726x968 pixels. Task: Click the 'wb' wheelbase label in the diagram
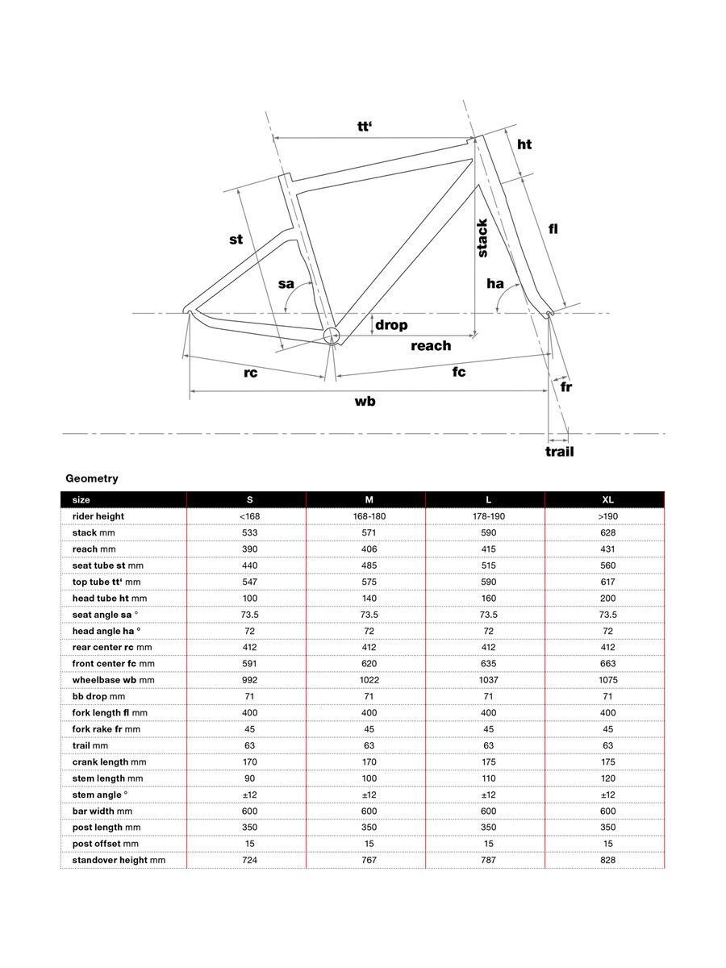point(365,401)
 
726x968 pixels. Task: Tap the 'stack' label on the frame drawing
point(482,238)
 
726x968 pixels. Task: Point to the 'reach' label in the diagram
point(431,345)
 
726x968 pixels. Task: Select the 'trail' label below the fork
point(559,451)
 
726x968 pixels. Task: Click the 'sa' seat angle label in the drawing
point(286,283)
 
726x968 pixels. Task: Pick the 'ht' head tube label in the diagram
point(524,144)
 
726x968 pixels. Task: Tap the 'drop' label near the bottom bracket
point(391,325)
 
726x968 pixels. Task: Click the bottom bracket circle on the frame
point(332,336)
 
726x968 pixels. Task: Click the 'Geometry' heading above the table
point(92,478)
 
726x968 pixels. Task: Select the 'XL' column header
point(608,500)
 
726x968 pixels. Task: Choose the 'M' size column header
point(369,500)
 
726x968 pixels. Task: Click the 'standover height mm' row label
point(119,860)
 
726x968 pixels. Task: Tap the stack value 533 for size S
point(249,532)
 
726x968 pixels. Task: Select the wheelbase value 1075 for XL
point(608,680)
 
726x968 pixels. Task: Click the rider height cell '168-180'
point(369,516)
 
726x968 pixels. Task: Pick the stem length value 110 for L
point(488,778)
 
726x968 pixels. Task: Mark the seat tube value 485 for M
point(369,565)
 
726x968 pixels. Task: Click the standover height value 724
point(249,860)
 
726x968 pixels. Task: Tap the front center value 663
point(608,663)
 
